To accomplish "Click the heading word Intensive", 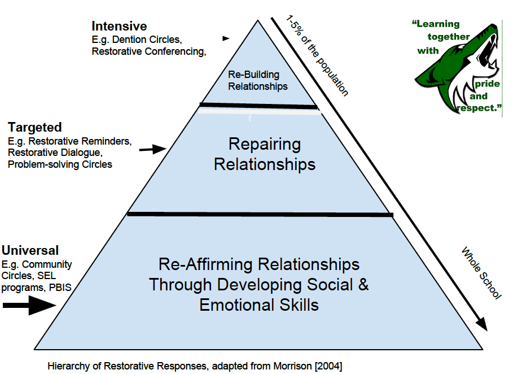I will [x=119, y=26].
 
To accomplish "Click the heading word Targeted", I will [x=35, y=127].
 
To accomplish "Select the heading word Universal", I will [x=30, y=250].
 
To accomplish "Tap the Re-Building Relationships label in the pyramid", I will [x=258, y=81].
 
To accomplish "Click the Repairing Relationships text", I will [x=265, y=154].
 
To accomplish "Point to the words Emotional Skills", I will [x=258, y=305].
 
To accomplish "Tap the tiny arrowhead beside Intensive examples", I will [x=226, y=38].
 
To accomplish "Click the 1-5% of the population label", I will [x=318, y=56].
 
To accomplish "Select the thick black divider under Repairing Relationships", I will [x=260, y=214].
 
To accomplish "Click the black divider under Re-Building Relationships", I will [x=258, y=106].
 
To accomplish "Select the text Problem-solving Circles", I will [x=60, y=164].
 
